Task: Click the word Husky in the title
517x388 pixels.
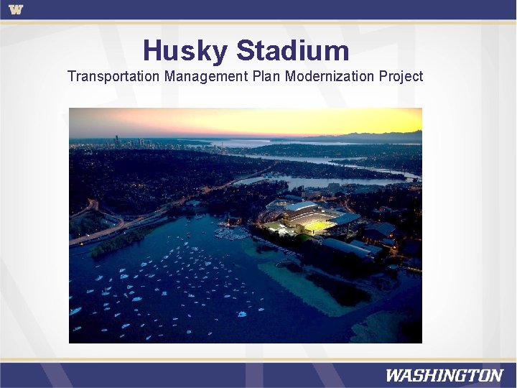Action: [185, 51]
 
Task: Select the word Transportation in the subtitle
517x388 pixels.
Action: [113, 76]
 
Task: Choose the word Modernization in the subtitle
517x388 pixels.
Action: [330, 76]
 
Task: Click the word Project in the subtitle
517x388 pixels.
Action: [401, 76]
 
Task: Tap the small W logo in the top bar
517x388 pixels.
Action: [16, 9]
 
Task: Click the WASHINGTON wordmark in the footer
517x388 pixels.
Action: [444, 375]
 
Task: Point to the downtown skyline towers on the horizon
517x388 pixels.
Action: [118, 142]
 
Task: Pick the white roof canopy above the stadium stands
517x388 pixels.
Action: [302, 208]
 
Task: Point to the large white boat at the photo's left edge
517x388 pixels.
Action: [75, 311]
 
